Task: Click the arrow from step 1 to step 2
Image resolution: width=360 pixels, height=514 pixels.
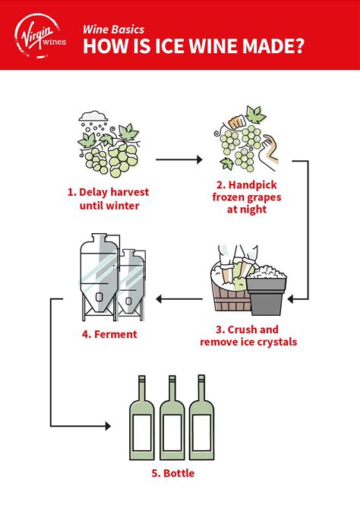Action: pos(179,160)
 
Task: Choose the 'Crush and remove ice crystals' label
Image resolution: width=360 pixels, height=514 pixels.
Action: pos(248,336)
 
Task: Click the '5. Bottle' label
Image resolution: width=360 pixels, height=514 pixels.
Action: pos(171,473)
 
